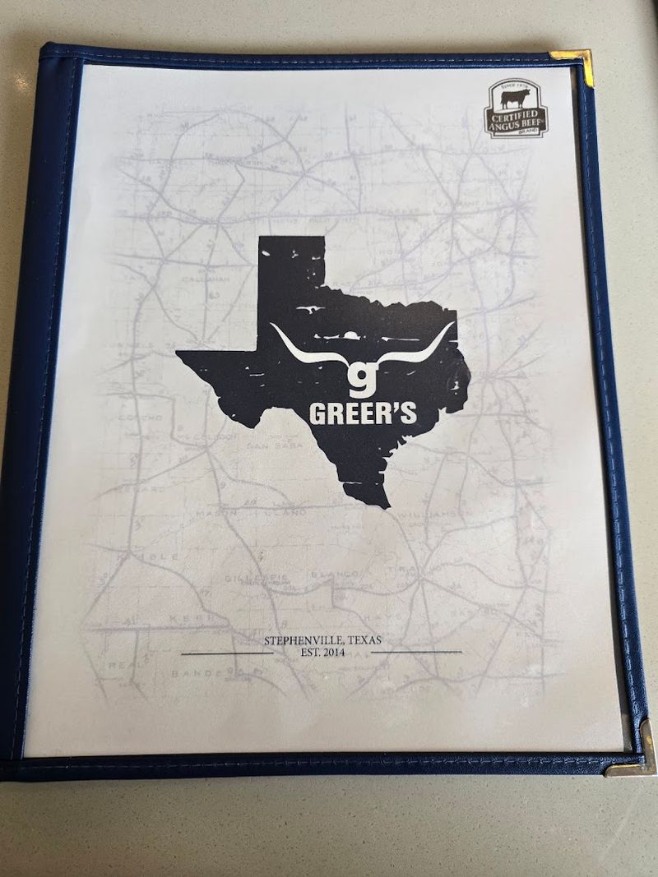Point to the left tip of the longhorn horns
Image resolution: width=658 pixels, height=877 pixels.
272,328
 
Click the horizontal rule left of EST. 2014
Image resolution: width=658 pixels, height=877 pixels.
226,653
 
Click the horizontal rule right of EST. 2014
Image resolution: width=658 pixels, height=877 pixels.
416,652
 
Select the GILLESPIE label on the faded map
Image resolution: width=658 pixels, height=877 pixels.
257,579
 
